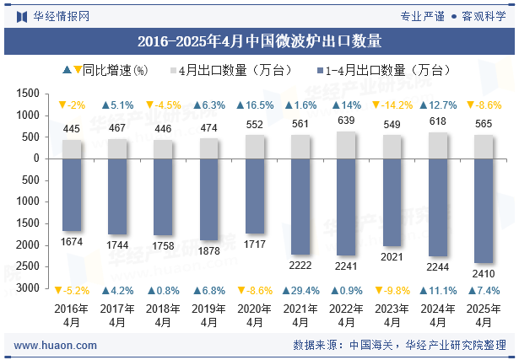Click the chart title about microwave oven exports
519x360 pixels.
pyautogui.click(x=259, y=40)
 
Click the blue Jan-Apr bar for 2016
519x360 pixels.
pyautogui.click(x=71, y=194)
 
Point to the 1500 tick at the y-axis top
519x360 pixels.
pyautogui.click(x=29, y=93)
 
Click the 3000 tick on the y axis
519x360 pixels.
pyautogui.click(x=29, y=287)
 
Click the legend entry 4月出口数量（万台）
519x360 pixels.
pyautogui.click(x=236, y=70)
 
